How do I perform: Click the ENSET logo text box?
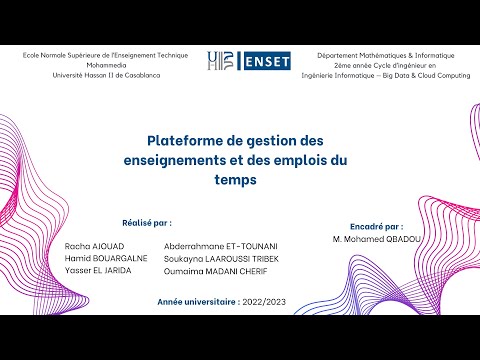(x=263, y=61)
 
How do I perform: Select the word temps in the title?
(x=239, y=181)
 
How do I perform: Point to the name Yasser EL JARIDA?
(x=97, y=269)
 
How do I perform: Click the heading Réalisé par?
(x=146, y=223)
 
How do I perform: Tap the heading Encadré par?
(x=377, y=227)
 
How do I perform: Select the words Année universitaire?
(x=196, y=300)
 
